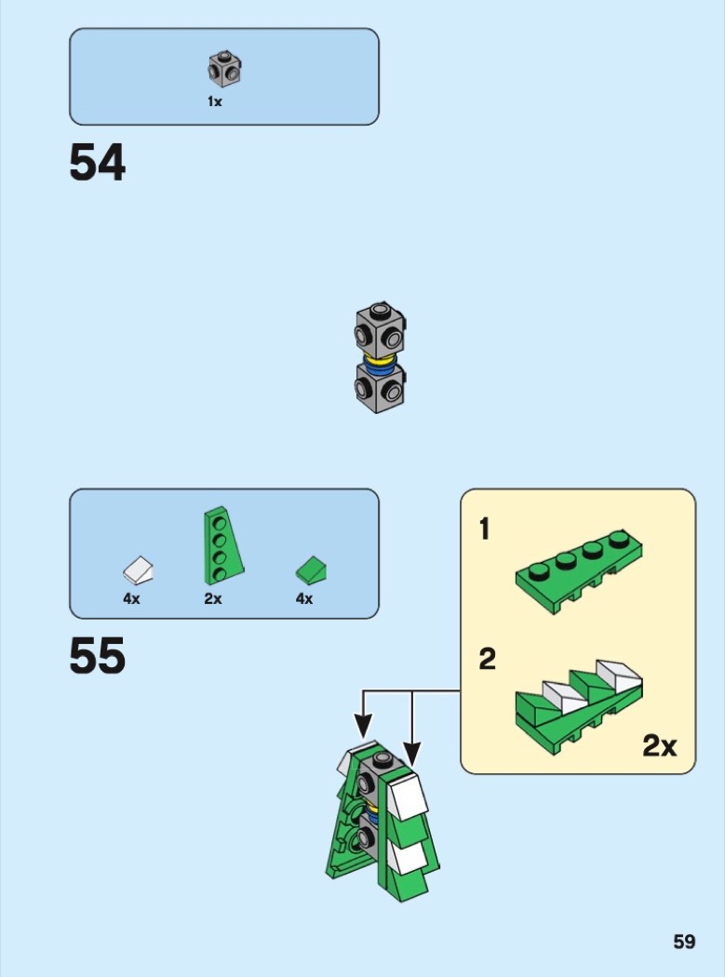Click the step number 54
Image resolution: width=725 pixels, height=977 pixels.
(x=97, y=163)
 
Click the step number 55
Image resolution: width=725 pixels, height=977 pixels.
(x=97, y=655)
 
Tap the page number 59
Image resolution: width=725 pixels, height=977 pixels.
(x=684, y=942)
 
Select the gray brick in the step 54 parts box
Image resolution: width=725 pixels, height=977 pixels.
(x=224, y=70)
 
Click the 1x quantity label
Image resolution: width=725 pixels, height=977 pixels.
(x=214, y=101)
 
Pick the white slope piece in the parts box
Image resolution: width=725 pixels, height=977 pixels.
(x=139, y=570)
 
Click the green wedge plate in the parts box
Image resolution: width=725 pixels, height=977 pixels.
(x=223, y=546)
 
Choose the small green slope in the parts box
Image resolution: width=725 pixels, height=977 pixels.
(x=311, y=570)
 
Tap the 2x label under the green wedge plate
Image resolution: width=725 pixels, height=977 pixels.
(x=212, y=599)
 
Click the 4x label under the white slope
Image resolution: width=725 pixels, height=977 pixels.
(x=131, y=599)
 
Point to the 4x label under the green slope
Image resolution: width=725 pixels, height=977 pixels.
(x=304, y=599)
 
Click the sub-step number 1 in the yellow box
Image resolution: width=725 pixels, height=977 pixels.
(x=484, y=529)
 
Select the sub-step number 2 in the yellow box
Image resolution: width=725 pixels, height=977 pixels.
(x=487, y=659)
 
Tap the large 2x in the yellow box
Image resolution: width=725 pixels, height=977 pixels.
(x=660, y=745)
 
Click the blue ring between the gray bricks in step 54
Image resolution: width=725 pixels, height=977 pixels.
(x=380, y=368)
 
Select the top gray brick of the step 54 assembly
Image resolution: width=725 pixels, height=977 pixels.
(x=381, y=330)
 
